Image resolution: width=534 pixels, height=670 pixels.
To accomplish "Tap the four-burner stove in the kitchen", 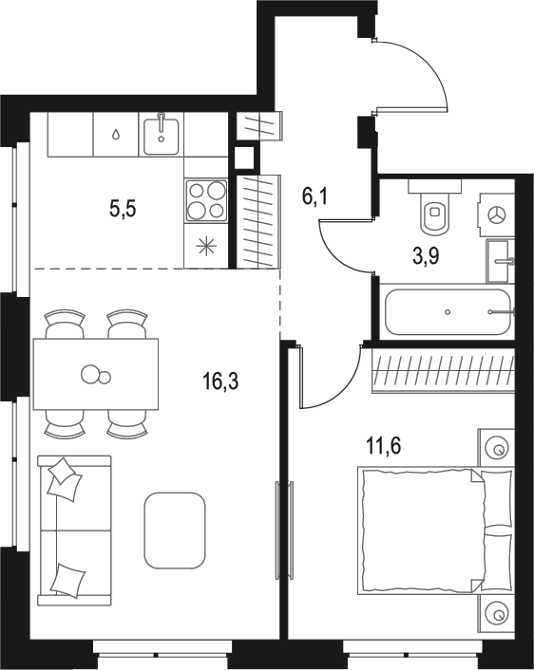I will (205, 200).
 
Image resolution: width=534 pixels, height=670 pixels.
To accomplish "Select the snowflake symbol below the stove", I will (205, 247).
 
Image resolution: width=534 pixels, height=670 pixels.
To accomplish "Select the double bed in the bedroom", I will (434, 530).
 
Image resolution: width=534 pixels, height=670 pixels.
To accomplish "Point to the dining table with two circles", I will (95, 373).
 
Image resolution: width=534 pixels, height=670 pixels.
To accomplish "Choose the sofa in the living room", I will (74, 530).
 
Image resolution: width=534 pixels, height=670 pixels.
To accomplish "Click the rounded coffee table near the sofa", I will (175, 530).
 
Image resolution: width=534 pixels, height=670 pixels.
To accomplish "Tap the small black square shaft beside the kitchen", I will (243, 158).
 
